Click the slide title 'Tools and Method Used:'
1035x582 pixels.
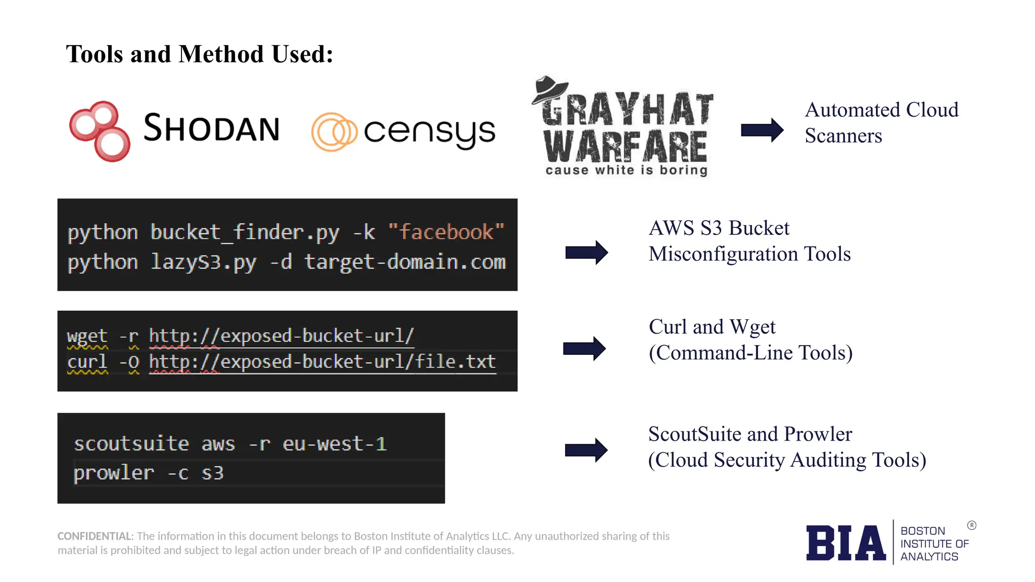point(200,54)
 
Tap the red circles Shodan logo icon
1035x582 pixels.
point(100,131)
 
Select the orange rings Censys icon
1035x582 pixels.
point(334,132)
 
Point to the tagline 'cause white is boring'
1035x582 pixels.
point(626,170)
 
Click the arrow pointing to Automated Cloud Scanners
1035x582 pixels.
point(762,130)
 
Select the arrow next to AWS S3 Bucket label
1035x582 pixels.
point(586,252)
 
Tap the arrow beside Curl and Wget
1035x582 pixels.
point(584,349)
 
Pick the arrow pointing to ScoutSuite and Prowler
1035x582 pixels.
point(586,450)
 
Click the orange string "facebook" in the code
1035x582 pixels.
point(446,232)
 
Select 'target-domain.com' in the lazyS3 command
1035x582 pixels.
point(405,262)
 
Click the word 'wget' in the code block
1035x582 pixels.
point(87,336)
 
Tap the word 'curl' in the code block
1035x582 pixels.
point(87,362)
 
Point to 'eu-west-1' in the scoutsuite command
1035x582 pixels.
point(335,444)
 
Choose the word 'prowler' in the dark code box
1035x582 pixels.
point(114,473)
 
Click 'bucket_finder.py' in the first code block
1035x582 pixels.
point(245,232)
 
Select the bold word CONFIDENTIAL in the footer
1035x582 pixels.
point(95,536)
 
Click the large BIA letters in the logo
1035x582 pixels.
point(845,543)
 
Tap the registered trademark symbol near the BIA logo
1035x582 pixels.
point(971,525)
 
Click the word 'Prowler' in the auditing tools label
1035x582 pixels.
point(818,434)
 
